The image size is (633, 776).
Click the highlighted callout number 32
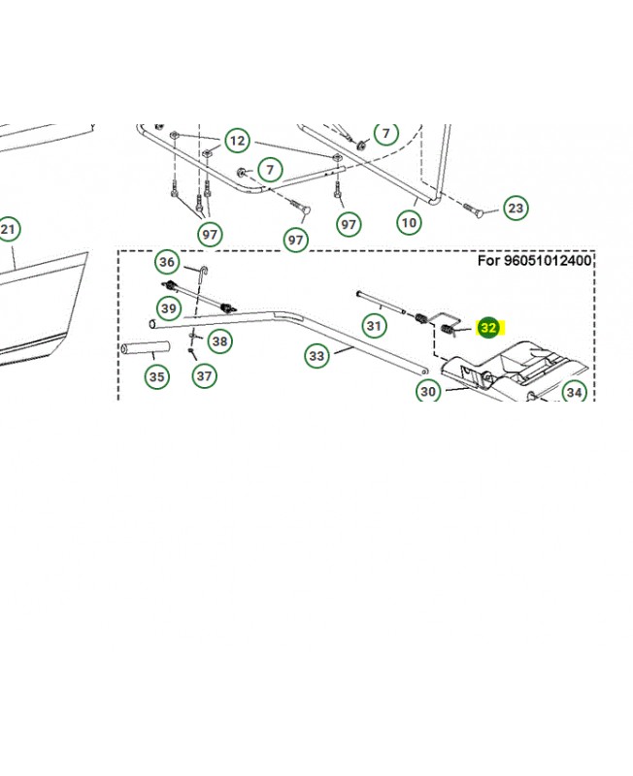tap(488, 328)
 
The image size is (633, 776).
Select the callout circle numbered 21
tap(8, 230)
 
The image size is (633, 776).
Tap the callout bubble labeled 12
tap(238, 141)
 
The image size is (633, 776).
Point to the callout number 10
tap(410, 222)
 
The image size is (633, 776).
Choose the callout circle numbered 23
tap(516, 208)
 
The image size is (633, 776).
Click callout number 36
tap(168, 262)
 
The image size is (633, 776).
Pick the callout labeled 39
tap(170, 308)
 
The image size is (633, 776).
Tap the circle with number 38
tap(220, 340)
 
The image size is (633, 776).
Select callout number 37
tap(204, 375)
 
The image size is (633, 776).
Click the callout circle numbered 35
tap(156, 375)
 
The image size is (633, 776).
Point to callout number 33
tap(317, 356)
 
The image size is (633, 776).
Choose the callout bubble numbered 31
tap(374, 325)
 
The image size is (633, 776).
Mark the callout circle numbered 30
tap(428, 391)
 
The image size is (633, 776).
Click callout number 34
tap(575, 393)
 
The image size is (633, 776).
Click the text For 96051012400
tap(535, 261)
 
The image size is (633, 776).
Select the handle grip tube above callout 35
tap(144, 346)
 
